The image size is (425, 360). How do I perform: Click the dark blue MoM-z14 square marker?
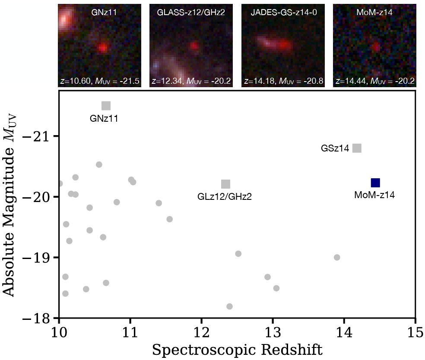tap(375, 183)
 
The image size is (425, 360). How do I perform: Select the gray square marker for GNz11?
tap(106, 106)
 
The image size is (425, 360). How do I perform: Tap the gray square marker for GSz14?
tap(357, 148)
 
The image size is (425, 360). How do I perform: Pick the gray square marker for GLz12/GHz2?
tap(225, 184)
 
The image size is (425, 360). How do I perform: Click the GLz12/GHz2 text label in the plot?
tap(224, 197)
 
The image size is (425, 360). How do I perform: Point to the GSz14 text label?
tap(335, 148)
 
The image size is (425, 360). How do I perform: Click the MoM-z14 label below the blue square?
tap(374, 195)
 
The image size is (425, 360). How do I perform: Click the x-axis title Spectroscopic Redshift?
tap(237, 349)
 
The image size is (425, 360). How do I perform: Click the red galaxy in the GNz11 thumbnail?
tap(102, 47)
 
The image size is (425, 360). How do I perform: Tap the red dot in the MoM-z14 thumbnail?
tap(376, 46)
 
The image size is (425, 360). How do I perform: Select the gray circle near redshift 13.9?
tap(337, 257)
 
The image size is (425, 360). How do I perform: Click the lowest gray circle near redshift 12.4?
tap(229, 306)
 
